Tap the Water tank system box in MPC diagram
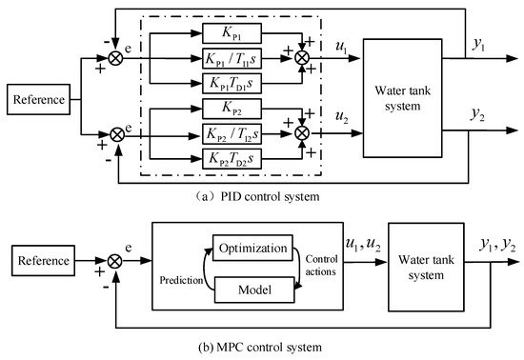pyautogui.click(x=420, y=264)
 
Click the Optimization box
pyautogui.click(x=252, y=249)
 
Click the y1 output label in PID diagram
pyautogui.click(x=484, y=41)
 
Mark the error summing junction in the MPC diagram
pyautogui.click(x=117, y=258)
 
